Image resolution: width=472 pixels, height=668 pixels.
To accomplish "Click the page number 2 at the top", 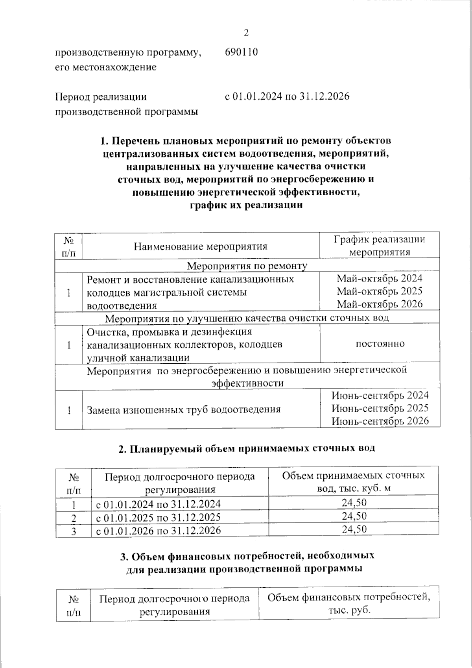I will [x=247, y=33].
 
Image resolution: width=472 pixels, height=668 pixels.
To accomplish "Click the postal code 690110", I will [x=241, y=52].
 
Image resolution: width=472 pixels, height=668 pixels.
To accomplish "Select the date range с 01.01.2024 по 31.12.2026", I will [x=287, y=97].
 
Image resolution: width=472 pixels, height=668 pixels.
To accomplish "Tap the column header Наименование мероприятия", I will [x=201, y=247].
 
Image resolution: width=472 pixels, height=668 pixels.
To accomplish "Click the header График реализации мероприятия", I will [x=380, y=246].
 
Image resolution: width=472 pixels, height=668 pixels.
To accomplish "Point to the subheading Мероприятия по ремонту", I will [x=247, y=266].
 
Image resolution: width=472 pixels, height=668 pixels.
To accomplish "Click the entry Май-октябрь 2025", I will [x=380, y=291].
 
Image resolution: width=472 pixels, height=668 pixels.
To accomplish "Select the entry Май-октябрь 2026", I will [x=380, y=304].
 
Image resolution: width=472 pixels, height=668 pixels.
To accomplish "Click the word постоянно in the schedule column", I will [x=380, y=344].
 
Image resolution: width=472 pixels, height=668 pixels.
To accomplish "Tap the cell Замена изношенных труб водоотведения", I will [x=184, y=409].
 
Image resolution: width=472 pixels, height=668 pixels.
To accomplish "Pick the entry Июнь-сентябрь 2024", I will [x=380, y=396].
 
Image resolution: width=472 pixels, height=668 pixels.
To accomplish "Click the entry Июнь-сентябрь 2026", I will [x=380, y=421].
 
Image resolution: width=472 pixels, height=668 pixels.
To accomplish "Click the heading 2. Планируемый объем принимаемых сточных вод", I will [x=247, y=448].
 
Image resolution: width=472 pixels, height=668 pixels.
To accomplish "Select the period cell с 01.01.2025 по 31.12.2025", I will [x=159, y=517].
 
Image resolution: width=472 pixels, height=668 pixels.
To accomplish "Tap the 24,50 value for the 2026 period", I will [x=354, y=529].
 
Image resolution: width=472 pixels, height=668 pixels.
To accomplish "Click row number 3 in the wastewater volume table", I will [x=73, y=531].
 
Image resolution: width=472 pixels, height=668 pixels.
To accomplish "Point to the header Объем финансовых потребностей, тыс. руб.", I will [x=348, y=604].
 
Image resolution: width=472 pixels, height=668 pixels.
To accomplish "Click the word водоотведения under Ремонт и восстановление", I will [x=122, y=305].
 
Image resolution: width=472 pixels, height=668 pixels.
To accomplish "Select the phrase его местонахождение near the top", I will [x=105, y=67].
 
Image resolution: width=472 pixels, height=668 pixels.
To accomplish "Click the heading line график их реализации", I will [x=247, y=205].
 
